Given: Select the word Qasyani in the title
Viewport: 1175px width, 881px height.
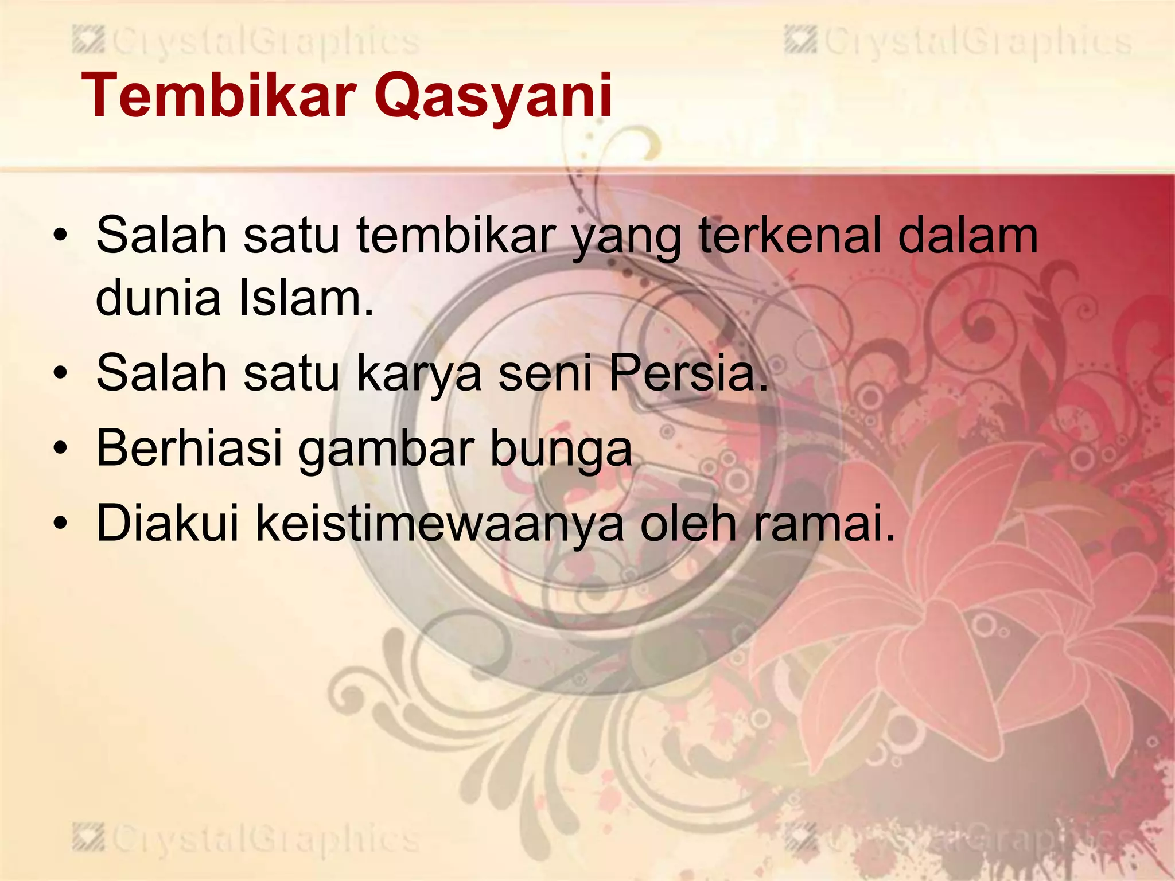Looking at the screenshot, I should click(493, 96).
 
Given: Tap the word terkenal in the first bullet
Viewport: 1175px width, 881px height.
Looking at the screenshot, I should click(789, 235).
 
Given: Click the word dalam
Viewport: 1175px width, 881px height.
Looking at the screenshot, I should click(968, 235).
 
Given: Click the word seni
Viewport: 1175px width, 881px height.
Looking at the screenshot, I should click(544, 373).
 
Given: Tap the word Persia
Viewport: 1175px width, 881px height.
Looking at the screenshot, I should click(688, 373).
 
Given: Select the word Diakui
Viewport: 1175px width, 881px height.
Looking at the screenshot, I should click(167, 523).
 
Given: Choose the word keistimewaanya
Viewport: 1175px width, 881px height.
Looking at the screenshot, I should click(439, 524).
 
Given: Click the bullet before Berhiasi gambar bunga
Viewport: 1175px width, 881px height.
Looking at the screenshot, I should click(60, 450).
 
